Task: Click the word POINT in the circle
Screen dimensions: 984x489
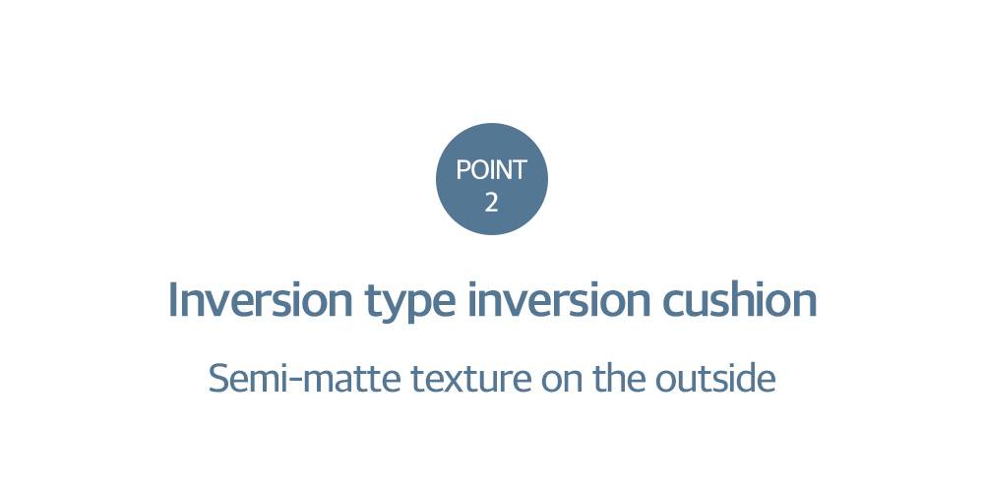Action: pos(491,170)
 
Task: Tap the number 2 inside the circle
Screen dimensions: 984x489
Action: pos(491,202)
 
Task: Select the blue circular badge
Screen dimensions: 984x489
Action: pos(492,179)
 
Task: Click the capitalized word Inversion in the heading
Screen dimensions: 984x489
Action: pos(261,299)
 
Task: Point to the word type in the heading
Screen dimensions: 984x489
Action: pos(410,303)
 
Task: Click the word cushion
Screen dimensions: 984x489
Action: pos(740,299)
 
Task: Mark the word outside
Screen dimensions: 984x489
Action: pos(715,378)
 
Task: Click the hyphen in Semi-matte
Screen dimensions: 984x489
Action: pos(290,383)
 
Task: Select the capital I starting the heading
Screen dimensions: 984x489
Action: pos(172,299)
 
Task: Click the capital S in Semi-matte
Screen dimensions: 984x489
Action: pos(217,379)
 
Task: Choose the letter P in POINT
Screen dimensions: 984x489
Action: pos(463,170)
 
